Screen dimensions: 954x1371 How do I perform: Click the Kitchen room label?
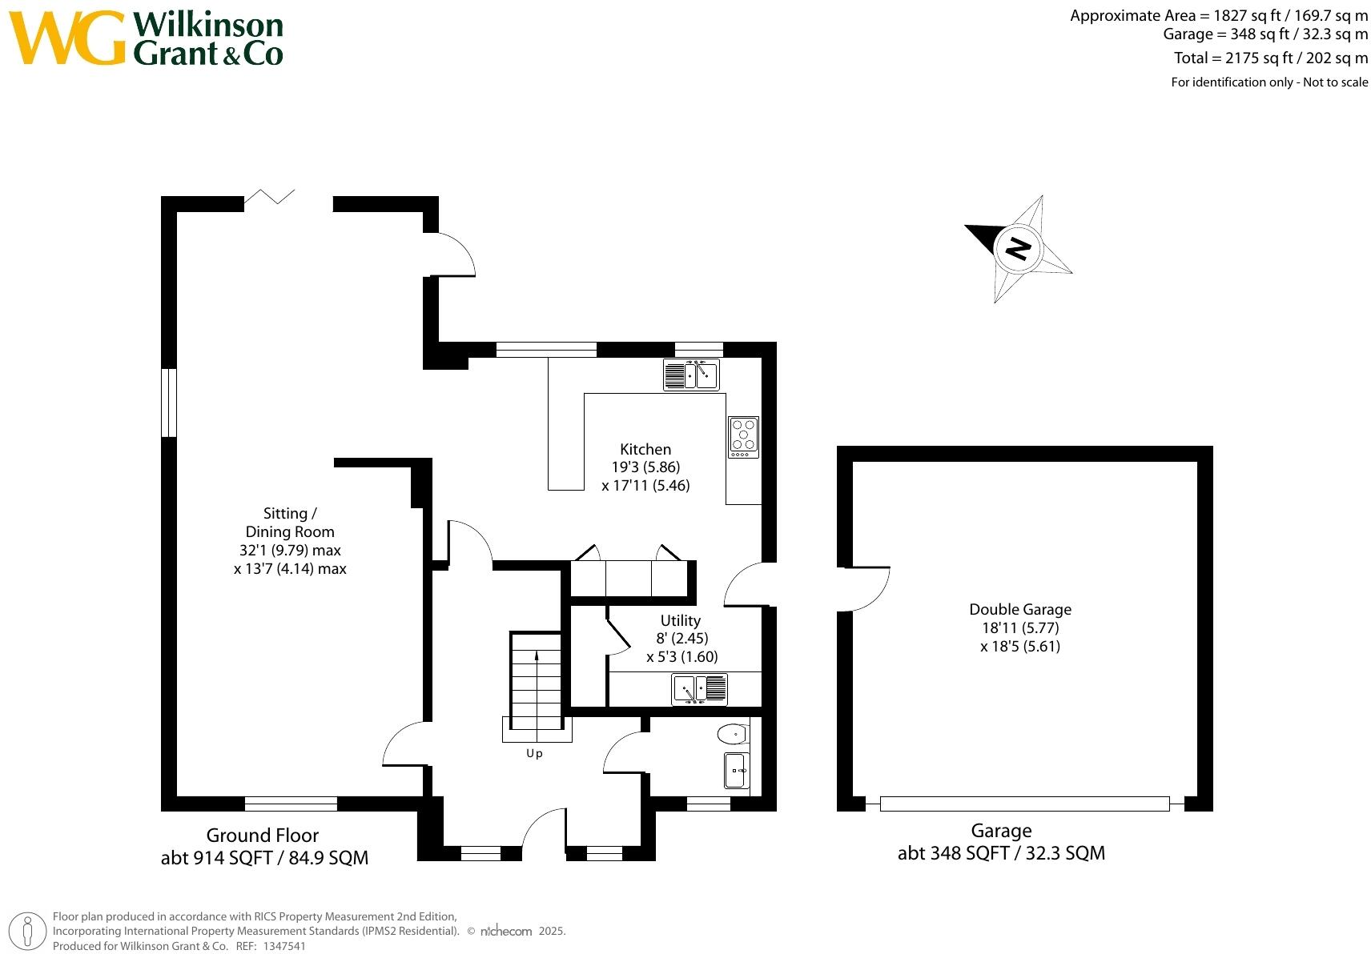coord(645,449)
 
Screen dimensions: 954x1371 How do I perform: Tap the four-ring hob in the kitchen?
coord(743,437)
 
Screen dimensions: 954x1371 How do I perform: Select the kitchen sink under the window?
coord(691,375)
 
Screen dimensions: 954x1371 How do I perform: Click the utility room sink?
coord(699,689)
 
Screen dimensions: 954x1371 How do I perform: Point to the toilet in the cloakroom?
coord(732,733)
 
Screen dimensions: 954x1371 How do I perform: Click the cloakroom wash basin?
coord(737,770)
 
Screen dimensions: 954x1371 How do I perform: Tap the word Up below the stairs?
coord(534,753)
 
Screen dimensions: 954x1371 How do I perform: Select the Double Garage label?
coord(1019,609)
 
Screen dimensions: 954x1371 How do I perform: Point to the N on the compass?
coord(1018,248)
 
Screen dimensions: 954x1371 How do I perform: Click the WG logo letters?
coord(68,38)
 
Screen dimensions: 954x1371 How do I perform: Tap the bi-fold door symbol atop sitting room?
coord(271,196)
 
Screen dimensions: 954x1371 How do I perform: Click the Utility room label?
coord(680,620)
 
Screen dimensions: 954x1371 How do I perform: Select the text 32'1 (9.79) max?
coord(290,550)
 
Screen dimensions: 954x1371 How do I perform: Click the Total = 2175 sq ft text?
coord(1270,58)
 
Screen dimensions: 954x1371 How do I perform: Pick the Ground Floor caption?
coord(263,836)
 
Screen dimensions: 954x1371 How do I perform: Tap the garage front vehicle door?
coord(1024,804)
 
